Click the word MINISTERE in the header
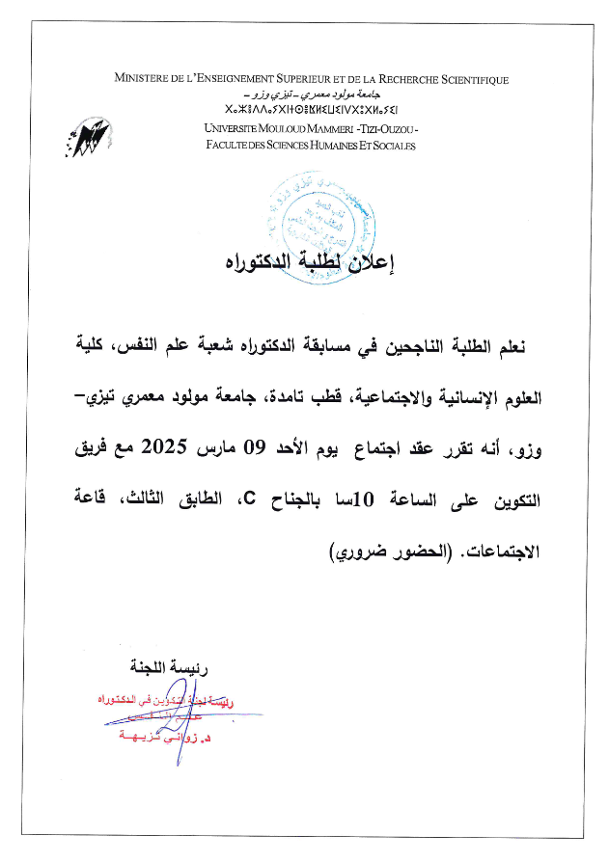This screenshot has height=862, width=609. point(147,80)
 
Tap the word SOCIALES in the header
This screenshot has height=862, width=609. point(389,146)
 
